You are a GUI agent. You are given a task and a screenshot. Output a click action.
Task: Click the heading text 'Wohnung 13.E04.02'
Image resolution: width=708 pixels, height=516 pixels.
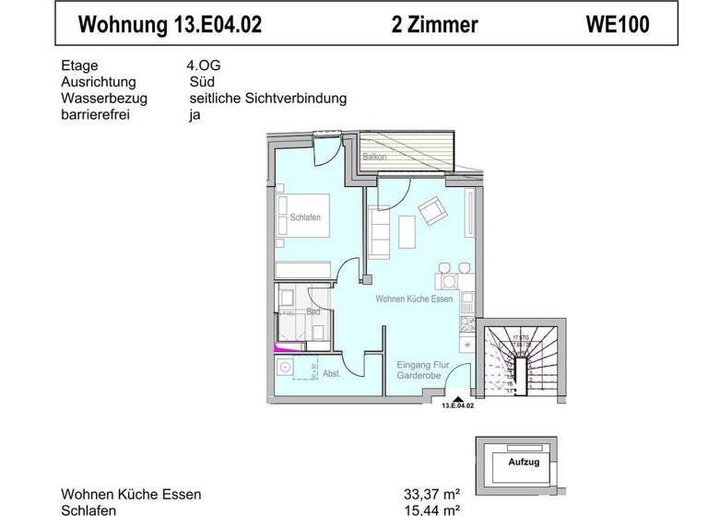tap(171, 25)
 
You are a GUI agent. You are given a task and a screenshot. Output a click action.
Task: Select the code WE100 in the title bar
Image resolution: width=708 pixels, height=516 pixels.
tap(617, 25)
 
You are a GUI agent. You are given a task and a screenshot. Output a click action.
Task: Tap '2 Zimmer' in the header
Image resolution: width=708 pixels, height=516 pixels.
tap(434, 25)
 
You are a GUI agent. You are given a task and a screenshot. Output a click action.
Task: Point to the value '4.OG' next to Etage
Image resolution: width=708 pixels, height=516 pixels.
tap(203, 65)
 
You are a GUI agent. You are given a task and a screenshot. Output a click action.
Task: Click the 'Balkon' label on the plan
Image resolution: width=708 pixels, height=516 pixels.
tap(374, 158)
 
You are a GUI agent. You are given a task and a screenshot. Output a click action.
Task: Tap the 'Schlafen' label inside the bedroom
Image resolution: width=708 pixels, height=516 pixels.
tap(306, 218)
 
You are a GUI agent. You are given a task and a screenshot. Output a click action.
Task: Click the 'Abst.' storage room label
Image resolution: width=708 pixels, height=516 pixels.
tap(332, 373)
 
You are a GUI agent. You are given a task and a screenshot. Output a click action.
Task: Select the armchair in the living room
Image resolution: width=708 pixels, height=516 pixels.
tap(431, 213)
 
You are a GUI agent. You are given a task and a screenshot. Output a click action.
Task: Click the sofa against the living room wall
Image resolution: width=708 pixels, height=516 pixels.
tap(378, 232)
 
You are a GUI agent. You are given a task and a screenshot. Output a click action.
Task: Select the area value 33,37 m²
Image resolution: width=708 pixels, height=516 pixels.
tap(429, 494)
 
